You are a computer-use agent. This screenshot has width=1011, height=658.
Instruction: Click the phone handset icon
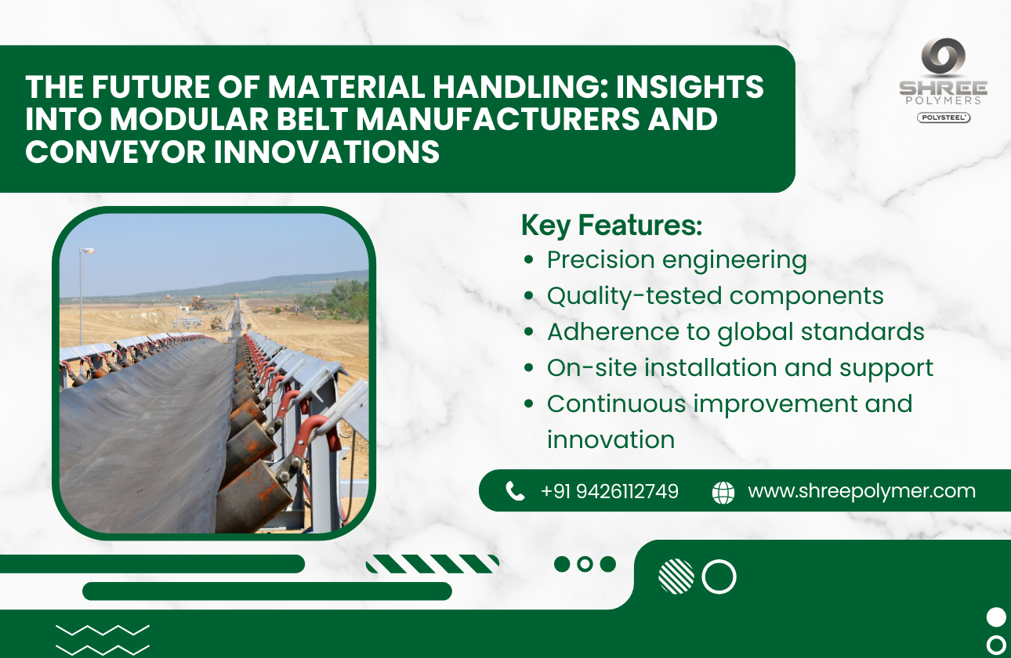(x=515, y=491)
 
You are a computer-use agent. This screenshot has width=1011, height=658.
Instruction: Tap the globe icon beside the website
(x=723, y=492)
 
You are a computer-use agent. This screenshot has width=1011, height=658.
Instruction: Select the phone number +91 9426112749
(x=609, y=491)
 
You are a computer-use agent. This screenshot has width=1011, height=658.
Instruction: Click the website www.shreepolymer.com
(x=861, y=491)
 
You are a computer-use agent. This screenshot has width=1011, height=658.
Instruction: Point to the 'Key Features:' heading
(x=611, y=226)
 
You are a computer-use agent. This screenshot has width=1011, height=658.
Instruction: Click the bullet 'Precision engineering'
(x=676, y=260)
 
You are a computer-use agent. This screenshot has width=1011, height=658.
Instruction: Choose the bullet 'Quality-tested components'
(x=715, y=296)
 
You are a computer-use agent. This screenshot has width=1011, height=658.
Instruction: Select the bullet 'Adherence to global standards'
(x=735, y=332)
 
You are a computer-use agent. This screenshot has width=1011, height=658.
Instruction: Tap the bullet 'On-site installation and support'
(x=740, y=368)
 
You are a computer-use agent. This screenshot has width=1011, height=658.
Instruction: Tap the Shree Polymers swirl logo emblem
(x=943, y=59)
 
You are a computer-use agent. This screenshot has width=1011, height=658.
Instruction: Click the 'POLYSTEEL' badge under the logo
(x=944, y=117)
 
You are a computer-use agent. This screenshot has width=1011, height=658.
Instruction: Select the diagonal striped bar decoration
(x=433, y=564)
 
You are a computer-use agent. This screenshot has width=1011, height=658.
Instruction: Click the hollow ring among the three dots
(x=585, y=564)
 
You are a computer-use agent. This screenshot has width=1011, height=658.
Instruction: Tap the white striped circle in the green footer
(x=676, y=577)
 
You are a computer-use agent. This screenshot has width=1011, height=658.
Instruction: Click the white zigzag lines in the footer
(x=103, y=639)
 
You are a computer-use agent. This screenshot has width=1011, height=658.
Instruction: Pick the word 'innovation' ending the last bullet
(x=611, y=440)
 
